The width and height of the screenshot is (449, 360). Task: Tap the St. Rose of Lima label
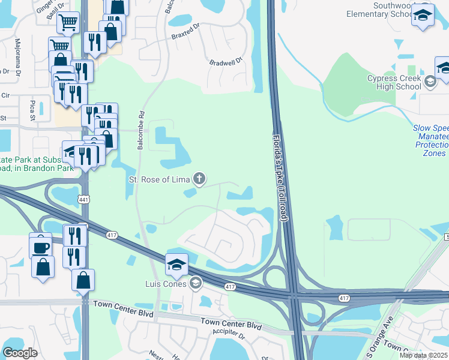coord(159,179)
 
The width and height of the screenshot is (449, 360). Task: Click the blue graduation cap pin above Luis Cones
coord(176,264)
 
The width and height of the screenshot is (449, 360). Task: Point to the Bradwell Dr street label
coord(225,61)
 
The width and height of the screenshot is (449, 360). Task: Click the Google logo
coord(20,353)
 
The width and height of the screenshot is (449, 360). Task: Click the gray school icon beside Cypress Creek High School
coord(430,82)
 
